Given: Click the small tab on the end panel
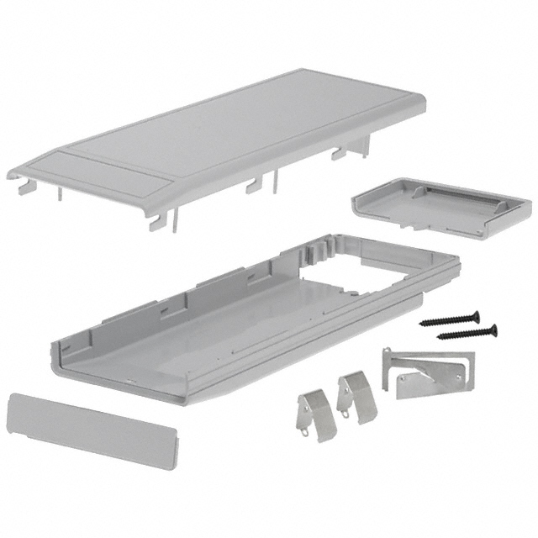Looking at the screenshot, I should pyautogui.click(x=176, y=442).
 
